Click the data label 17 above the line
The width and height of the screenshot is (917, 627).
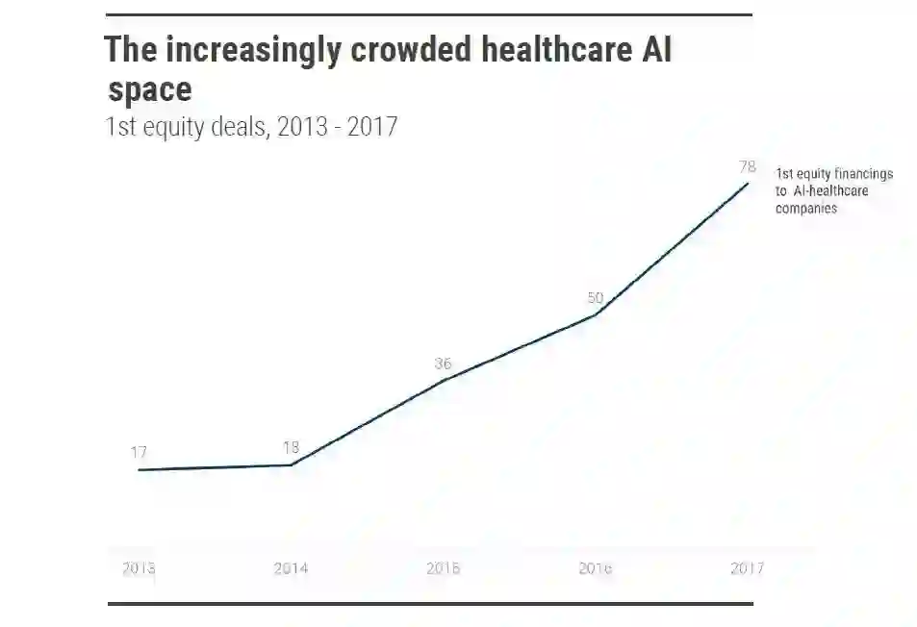pos(140,452)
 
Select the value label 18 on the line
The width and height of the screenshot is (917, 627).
pos(292,447)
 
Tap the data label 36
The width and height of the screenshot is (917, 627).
pos(443,364)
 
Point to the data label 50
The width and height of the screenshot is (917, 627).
pos(596,297)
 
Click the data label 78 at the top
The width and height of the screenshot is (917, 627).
pos(747,166)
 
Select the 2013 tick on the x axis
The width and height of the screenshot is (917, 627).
pos(139,568)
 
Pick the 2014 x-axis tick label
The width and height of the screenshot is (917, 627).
pos(291,568)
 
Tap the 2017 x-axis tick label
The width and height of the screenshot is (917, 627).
pos(747,568)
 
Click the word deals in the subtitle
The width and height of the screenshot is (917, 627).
pos(240,127)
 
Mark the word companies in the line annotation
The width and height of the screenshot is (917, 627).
pos(806,208)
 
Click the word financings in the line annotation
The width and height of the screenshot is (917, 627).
pos(861,174)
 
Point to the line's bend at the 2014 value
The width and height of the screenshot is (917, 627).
pos(292,465)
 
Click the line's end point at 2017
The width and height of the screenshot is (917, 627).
pos(748,183)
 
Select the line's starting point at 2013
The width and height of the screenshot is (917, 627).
pos(140,470)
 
